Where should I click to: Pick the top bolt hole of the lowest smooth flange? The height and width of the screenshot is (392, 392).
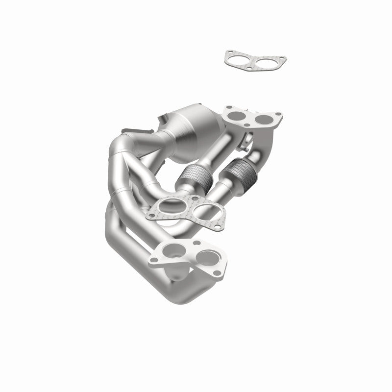[x=196, y=243]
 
